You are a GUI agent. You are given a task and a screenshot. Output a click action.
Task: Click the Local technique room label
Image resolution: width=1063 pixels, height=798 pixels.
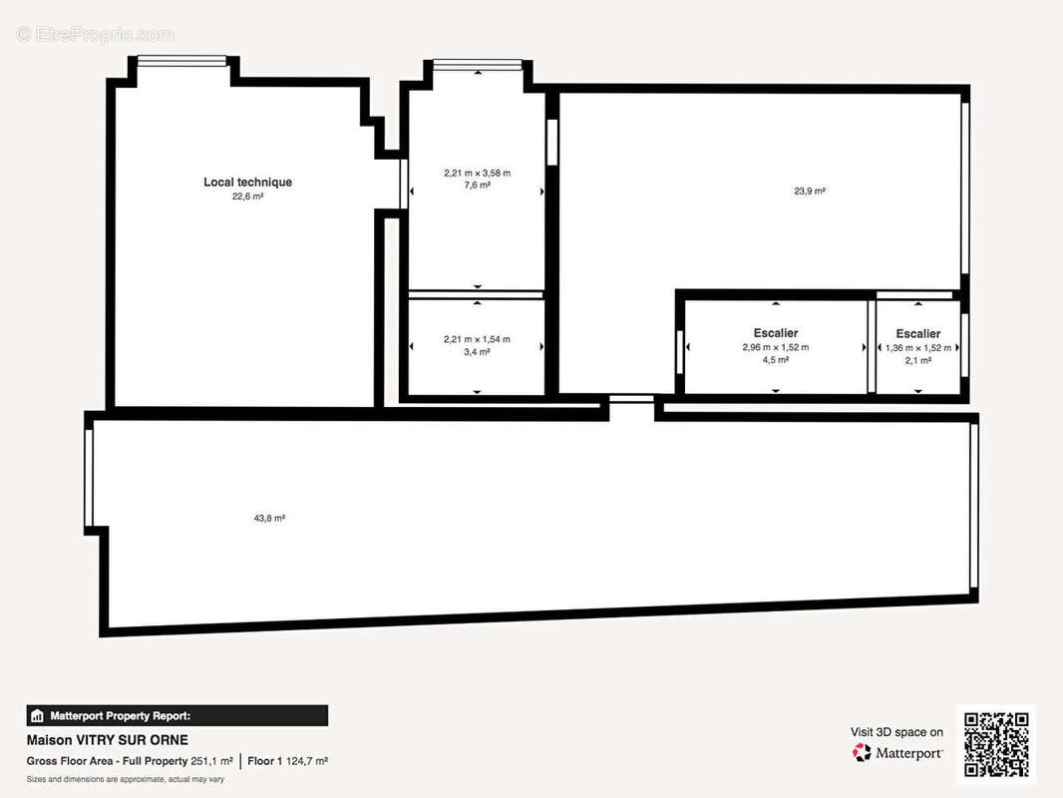[247, 182]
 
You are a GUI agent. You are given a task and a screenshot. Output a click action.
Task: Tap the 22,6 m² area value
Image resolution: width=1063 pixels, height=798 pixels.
[247, 197]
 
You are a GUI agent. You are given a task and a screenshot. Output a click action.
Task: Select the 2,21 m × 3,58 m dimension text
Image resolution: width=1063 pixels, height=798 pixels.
[478, 173]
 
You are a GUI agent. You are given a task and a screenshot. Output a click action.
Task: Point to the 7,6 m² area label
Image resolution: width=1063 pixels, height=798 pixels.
[478, 186]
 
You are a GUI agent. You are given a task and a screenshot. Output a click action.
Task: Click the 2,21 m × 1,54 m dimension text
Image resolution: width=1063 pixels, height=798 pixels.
[478, 339]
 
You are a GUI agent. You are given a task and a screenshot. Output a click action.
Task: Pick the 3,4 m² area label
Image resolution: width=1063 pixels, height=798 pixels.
[478, 352]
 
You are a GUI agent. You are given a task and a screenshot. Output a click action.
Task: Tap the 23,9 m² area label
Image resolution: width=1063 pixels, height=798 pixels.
[810, 192]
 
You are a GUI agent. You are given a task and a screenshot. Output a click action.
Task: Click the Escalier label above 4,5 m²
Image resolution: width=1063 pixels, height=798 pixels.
[776, 333]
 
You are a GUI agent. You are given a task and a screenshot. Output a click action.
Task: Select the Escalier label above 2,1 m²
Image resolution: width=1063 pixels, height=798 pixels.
[918, 333]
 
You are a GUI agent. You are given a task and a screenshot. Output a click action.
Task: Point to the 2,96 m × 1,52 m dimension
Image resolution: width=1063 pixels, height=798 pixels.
[776, 347]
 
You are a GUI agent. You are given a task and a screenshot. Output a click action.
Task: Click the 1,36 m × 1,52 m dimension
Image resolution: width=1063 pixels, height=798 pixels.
[918, 348]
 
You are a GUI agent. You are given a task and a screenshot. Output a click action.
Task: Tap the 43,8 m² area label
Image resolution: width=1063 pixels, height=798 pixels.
[269, 518]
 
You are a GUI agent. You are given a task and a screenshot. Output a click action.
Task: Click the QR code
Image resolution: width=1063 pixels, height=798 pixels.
[996, 744]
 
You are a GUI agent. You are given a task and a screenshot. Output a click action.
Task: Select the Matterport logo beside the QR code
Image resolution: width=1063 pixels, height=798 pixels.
[897, 752]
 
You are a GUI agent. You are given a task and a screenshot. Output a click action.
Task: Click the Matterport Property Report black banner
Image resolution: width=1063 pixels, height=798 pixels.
[177, 716]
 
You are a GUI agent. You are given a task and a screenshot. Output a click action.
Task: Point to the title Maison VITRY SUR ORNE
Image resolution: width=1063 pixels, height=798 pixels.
[107, 740]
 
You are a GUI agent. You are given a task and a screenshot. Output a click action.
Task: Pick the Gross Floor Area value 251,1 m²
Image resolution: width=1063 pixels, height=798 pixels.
[211, 761]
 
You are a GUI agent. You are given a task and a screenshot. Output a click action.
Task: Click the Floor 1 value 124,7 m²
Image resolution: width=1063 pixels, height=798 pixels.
[306, 761]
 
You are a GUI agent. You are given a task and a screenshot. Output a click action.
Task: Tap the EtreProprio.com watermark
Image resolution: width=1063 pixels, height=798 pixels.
[95, 34]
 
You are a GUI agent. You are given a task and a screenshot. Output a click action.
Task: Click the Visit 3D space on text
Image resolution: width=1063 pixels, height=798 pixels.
[896, 732]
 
